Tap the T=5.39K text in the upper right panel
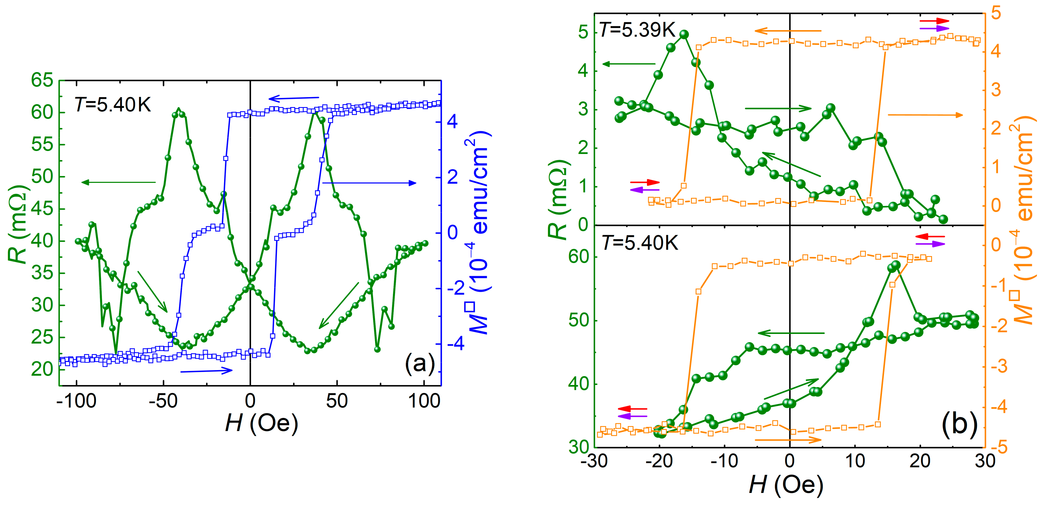[x=637, y=30]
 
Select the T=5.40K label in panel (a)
[x=113, y=105]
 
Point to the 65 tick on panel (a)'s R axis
[x=42, y=80]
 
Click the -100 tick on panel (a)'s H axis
[x=76, y=401]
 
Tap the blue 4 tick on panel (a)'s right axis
[x=452, y=121]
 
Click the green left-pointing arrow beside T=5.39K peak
[x=629, y=64]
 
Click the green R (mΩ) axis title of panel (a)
[x=18, y=224]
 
